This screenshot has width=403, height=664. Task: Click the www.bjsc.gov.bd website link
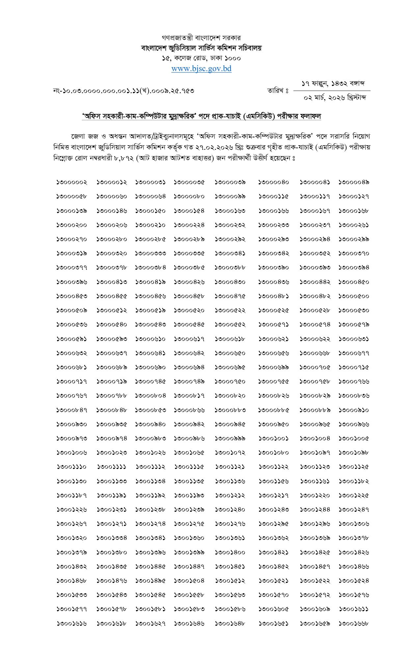tap(201, 69)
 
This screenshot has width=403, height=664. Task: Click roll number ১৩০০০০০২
tap(72, 182)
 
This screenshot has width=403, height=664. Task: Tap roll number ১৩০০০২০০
tap(72, 225)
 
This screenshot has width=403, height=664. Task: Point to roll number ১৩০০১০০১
tap(273, 438)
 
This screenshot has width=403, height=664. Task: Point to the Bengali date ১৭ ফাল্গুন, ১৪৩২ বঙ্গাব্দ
tap(333, 84)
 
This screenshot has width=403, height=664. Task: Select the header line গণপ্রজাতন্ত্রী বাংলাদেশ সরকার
tap(201, 38)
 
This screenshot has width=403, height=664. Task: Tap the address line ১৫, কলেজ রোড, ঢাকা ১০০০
tap(201, 58)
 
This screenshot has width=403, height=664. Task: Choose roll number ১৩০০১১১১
tap(112, 467)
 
